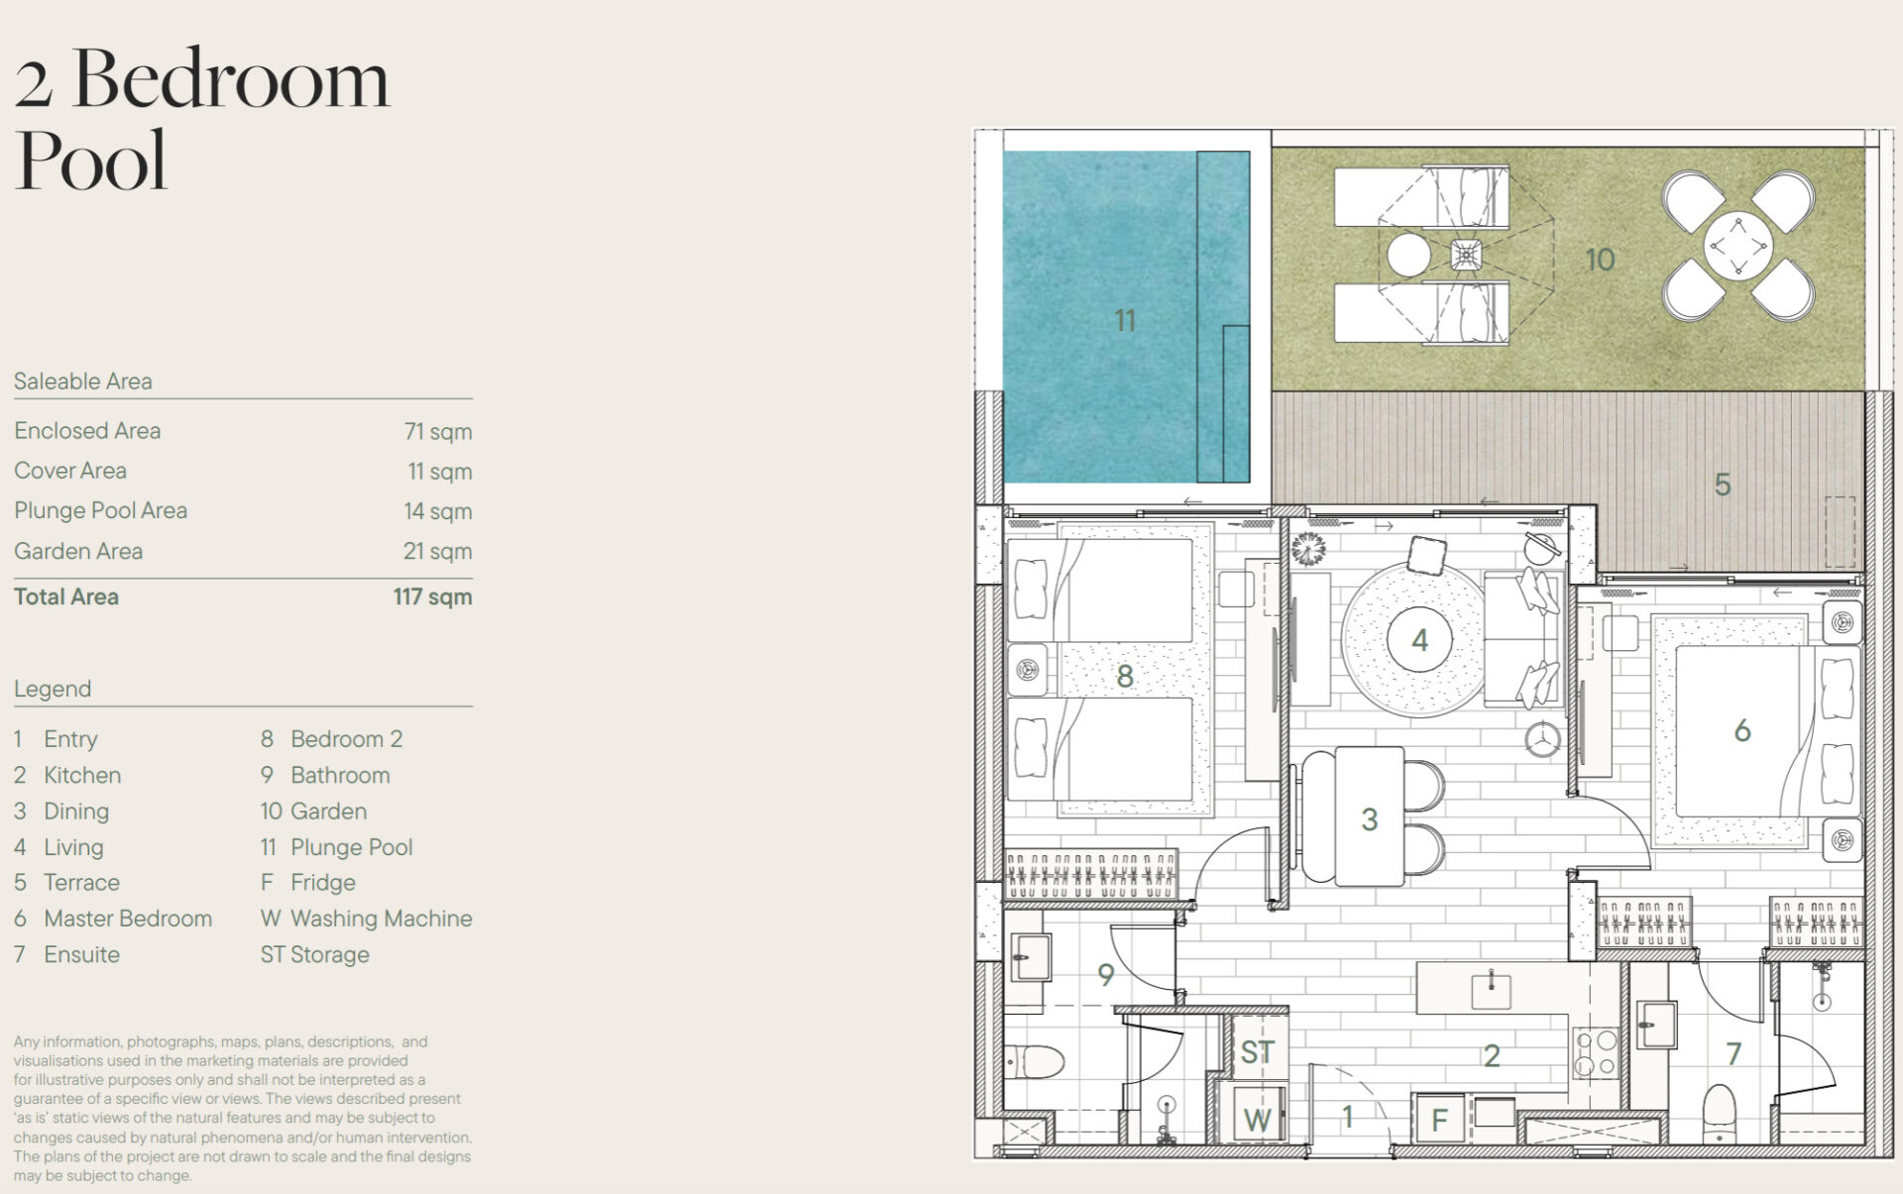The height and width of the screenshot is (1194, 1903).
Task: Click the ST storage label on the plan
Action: point(1257,1051)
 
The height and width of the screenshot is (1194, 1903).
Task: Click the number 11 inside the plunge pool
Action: point(1124,320)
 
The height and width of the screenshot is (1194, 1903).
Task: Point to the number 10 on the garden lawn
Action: point(1600,260)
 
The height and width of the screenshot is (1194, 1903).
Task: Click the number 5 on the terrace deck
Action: point(1723,485)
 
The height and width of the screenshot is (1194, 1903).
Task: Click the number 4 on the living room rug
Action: point(1419,640)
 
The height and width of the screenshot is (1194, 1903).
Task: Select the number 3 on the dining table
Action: point(1370,819)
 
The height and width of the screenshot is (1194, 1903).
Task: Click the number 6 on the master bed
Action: point(1742,731)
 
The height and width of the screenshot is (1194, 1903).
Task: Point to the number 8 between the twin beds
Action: point(1124,676)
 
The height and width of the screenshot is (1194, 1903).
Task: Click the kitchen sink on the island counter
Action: point(1491,989)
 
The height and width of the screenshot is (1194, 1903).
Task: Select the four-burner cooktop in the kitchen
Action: point(1596,1053)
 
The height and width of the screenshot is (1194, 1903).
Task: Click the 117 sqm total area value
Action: point(432,597)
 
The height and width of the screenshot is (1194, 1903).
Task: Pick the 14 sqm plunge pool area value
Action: point(438,511)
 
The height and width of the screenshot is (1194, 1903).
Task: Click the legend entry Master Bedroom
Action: point(128,919)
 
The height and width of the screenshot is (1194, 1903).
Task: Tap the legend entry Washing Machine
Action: point(382,919)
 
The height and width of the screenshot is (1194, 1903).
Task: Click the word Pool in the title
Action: point(91,161)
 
